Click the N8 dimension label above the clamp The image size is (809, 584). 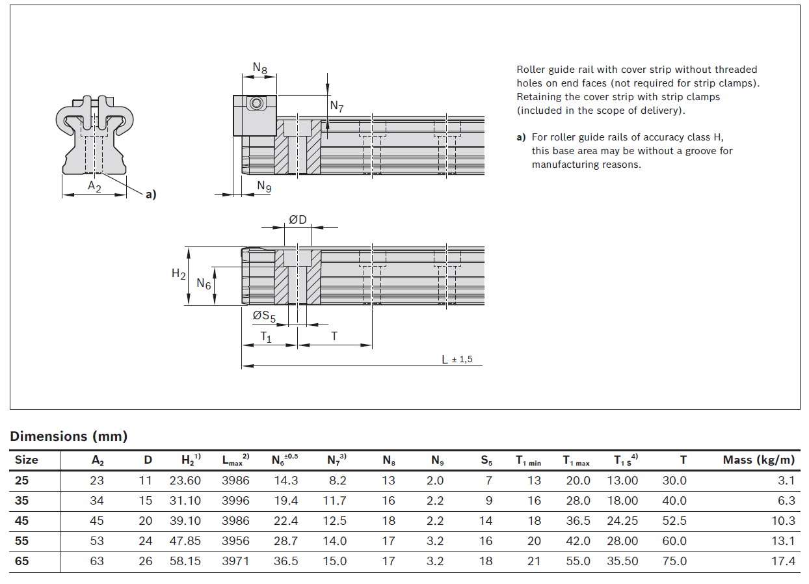[x=259, y=68]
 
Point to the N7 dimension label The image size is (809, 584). [x=337, y=107]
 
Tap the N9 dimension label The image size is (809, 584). [x=264, y=187]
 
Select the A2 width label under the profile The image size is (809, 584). [x=94, y=187]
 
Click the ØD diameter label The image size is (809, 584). [x=298, y=220]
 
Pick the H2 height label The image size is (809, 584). [x=178, y=274]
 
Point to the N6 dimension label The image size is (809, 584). [x=204, y=284]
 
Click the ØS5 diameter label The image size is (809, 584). [x=264, y=316]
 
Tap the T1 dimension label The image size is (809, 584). [x=266, y=337]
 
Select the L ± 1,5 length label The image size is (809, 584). [x=457, y=360]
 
